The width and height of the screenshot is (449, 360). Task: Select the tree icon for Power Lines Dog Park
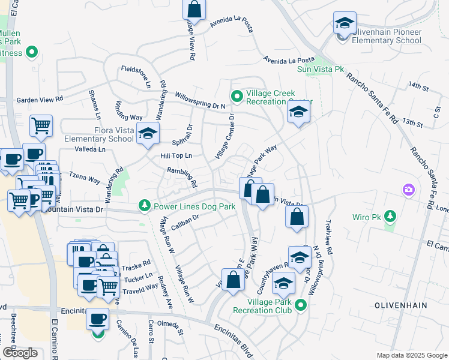[x=145, y=206]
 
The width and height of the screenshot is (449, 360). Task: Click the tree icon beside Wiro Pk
[x=390, y=215]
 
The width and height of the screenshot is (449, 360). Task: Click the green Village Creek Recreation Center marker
[x=237, y=95]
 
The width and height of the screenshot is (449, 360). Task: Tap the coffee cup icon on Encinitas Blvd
[x=97, y=319]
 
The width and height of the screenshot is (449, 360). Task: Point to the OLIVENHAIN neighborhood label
[x=400, y=305]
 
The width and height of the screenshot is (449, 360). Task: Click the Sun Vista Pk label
[x=321, y=70]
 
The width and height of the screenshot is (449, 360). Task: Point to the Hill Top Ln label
[x=176, y=155]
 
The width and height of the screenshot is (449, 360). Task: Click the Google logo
[x=20, y=353]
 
